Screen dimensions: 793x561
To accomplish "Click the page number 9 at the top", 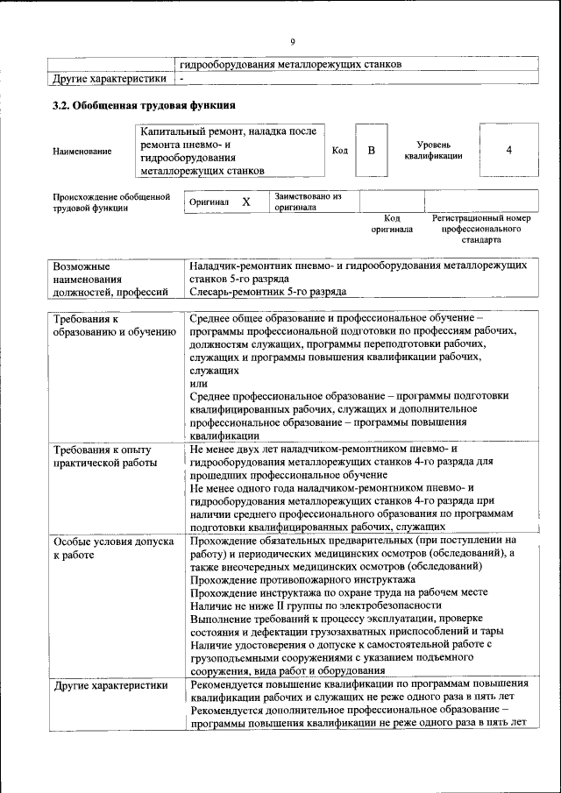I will (x=293, y=39).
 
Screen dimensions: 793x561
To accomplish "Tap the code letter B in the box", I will (x=371, y=151).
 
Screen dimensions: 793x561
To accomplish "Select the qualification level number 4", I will (x=509, y=151).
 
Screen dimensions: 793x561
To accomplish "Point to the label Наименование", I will (x=82, y=152).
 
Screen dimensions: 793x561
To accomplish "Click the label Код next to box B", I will (x=340, y=151).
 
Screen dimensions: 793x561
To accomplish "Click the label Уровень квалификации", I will (x=434, y=149).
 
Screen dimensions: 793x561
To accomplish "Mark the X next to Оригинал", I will (x=246, y=202).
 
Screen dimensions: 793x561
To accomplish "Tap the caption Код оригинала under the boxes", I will (x=392, y=223).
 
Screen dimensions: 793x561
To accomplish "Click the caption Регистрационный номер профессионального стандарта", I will (x=481, y=228).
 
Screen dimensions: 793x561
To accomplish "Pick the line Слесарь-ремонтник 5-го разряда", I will (x=267, y=291).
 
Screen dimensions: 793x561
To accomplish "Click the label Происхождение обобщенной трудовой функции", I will (x=110, y=202).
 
